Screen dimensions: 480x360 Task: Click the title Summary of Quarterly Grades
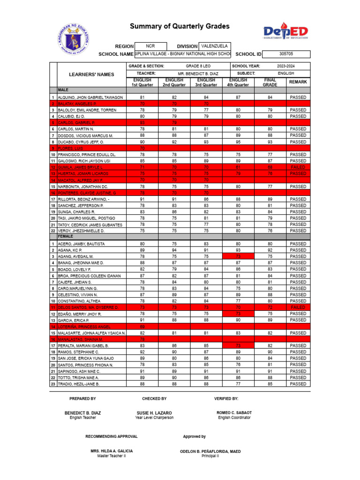[180, 27]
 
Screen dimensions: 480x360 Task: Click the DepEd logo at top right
[285, 32]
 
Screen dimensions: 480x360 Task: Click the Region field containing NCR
[150, 46]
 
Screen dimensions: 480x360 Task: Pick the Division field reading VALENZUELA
[214, 46]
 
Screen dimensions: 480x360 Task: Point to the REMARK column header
[298, 82]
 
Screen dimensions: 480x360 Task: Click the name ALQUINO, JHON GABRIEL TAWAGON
[90, 97]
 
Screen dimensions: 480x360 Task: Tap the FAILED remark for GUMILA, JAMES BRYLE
[298, 167]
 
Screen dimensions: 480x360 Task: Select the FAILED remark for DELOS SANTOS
[298, 307]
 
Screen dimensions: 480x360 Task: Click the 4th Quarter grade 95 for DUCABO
[238, 142]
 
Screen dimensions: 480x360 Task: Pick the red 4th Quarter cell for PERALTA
[238, 345]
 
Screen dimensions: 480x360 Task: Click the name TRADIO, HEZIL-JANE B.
[78, 384]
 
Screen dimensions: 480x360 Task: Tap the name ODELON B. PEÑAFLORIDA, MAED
[210, 451]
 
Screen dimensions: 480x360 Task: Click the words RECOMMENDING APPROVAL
[112, 436]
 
